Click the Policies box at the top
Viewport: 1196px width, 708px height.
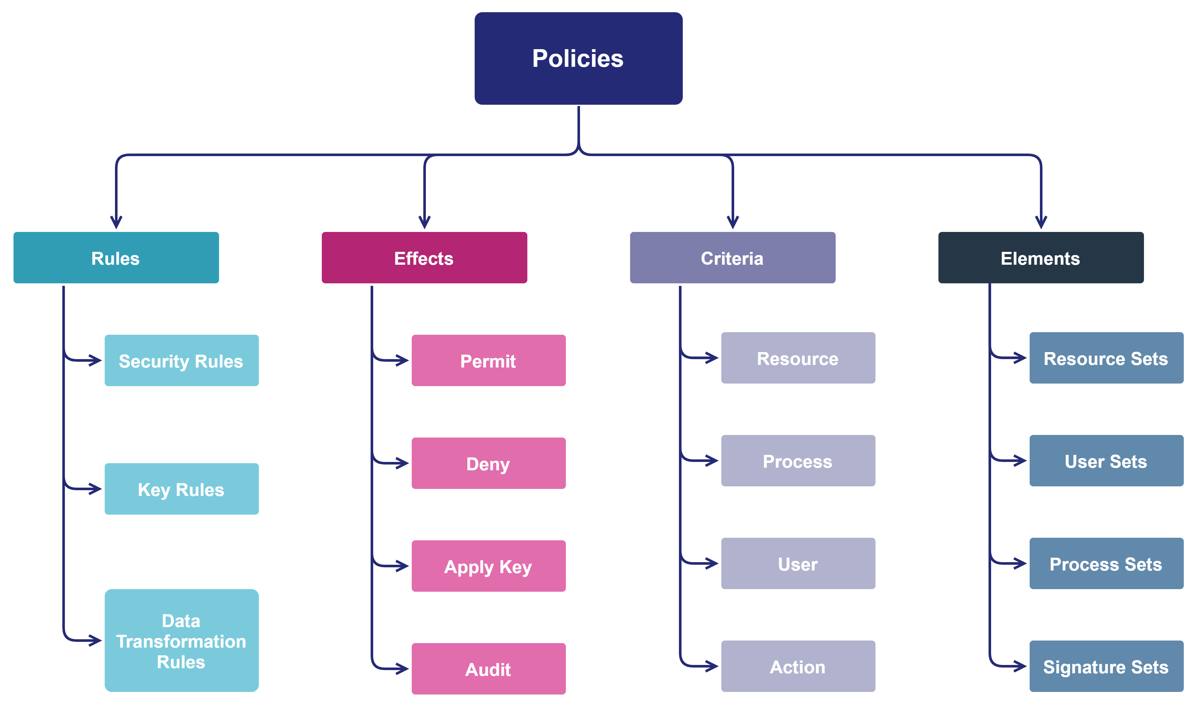(x=578, y=58)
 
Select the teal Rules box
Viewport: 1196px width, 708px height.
(x=116, y=258)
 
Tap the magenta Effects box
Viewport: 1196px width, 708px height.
(x=424, y=258)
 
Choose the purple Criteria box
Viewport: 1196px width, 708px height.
(x=732, y=258)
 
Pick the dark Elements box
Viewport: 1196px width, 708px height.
(x=1041, y=258)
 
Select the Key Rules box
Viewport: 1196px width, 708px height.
(x=181, y=489)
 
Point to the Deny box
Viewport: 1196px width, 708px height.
(x=488, y=463)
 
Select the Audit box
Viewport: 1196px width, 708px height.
(x=488, y=668)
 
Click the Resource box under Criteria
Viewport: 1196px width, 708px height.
(x=798, y=358)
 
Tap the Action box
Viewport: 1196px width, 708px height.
(x=798, y=666)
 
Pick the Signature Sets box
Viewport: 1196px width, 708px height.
(x=1106, y=666)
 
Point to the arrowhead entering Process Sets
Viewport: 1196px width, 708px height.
(x=1021, y=563)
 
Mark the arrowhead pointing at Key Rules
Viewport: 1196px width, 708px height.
(x=95, y=489)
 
